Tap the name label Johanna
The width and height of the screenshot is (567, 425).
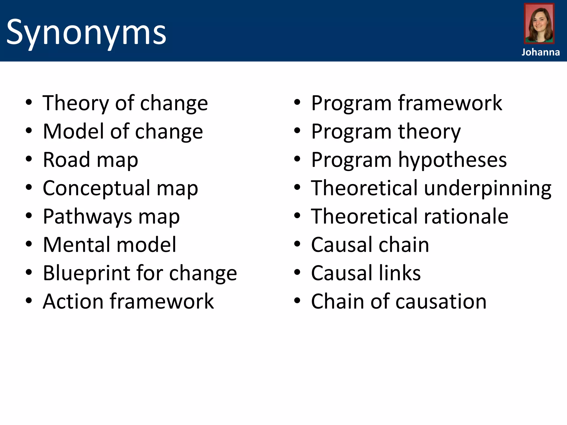pyautogui.click(x=540, y=52)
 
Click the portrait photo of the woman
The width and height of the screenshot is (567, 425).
pyautogui.click(x=539, y=24)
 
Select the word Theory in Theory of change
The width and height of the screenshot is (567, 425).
pyautogui.click(x=76, y=103)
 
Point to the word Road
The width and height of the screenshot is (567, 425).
pyautogui.click(x=66, y=160)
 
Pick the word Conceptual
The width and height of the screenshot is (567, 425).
pyautogui.click(x=96, y=188)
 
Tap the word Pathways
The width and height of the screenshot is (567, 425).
pyautogui.click(x=87, y=217)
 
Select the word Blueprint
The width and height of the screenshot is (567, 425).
pyautogui.click(x=86, y=273)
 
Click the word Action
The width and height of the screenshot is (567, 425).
pyautogui.click(x=73, y=302)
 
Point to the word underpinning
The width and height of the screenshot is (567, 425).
pyautogui.click(x=488, y=188)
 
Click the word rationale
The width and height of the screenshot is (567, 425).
pyautogui.click(x=466, y=217)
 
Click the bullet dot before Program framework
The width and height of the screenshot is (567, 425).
pyautogui.click(x=297, y=103)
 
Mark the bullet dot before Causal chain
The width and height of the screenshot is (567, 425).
pyautogui.click(x=297, y=244)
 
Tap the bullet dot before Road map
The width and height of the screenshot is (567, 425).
pyautogui.click(x=29, y=159)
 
